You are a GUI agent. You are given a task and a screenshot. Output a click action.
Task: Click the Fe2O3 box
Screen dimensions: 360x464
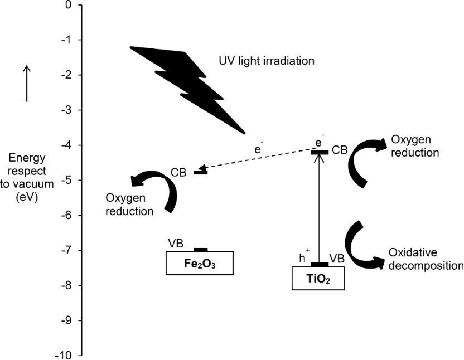(199, 263)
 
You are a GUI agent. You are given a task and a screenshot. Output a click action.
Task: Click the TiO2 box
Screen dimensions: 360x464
(318, 278)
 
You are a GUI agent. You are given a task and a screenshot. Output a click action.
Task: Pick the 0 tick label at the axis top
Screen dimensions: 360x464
(69, 5)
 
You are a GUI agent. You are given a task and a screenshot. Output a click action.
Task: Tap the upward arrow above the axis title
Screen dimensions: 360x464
(27, 83)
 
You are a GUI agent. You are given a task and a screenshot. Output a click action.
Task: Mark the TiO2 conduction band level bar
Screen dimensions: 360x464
(320, 152)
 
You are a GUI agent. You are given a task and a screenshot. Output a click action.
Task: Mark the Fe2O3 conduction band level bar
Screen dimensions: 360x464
(200, 172)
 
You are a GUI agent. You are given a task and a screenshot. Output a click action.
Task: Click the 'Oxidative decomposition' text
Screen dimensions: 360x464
(426, 260)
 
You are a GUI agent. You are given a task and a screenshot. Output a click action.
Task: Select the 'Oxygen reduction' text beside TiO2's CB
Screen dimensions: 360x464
(415, 145)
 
